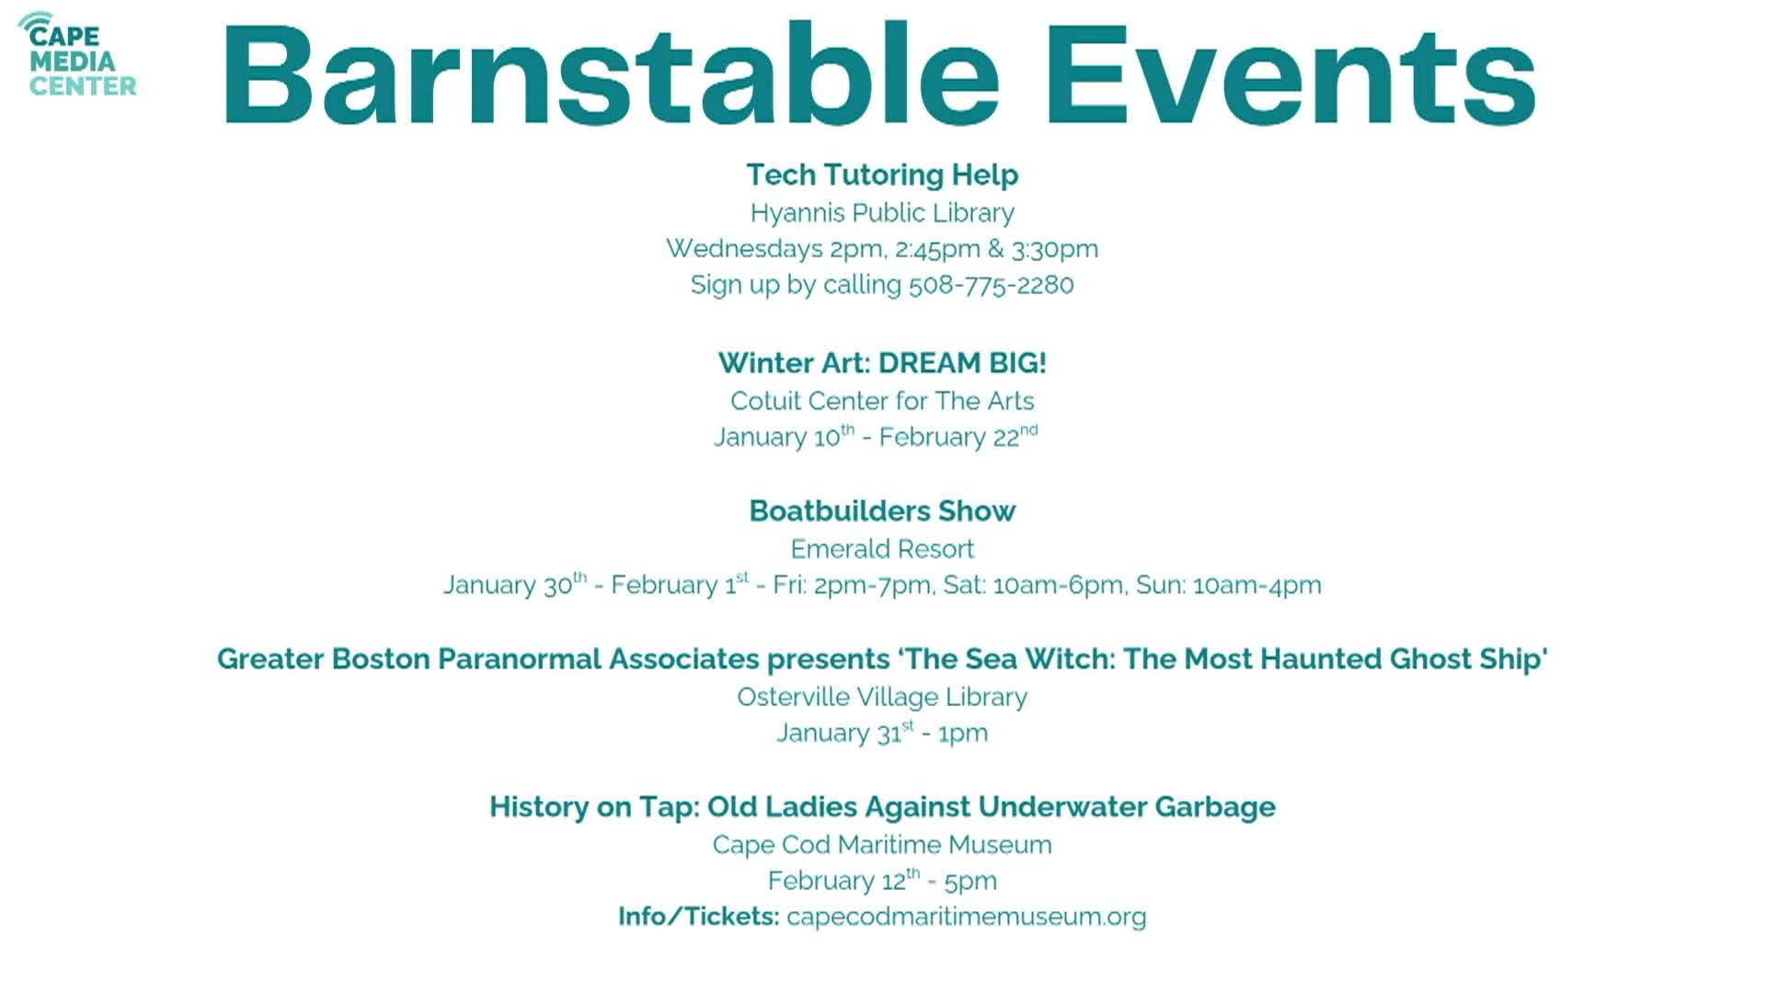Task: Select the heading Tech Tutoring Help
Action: (x=882, y=175)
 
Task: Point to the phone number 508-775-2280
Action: (x=991, y=285)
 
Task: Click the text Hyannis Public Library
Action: (x=882, y=212)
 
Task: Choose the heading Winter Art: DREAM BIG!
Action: (x=882, y=363)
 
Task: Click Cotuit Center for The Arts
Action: (x=882, y=401)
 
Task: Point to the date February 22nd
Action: (x=958, y=437)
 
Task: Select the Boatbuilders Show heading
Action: (x=882, y=511)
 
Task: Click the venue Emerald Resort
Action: (x=882, y=549)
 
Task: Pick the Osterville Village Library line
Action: (x=882, y=697)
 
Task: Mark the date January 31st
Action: (x=844, y=733)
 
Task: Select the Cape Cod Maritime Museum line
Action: (x=882, y=845)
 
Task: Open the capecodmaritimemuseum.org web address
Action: (x=966, y=917)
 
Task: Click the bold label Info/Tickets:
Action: (x=698, y=917)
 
